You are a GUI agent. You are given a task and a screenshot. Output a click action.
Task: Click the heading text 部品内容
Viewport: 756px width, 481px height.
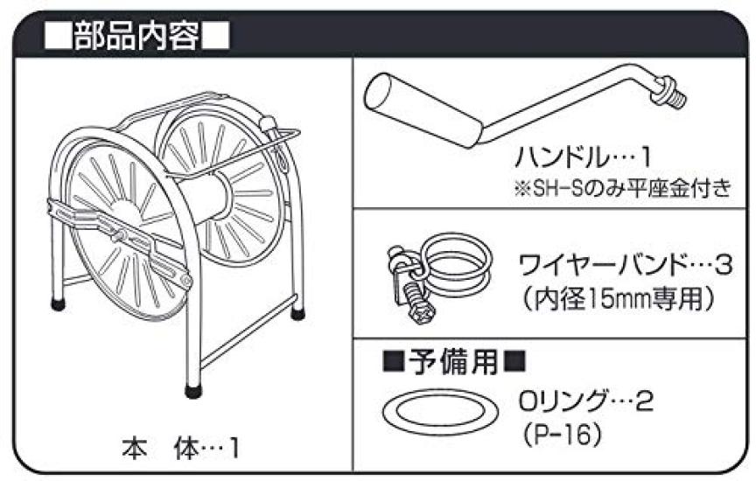[x=136, y=36]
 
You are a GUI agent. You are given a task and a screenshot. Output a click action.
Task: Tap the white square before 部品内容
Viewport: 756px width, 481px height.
[x=58, y=37]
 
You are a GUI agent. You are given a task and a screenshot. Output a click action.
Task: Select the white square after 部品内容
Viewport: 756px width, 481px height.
[x=214, y=37]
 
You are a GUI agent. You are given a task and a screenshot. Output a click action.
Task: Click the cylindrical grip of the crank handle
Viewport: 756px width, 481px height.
[x=423, y=110]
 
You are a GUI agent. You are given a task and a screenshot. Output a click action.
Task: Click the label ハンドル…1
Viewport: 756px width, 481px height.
[x=583, y=157]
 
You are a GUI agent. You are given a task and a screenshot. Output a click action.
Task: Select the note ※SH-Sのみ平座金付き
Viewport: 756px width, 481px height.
[x=623, y=187]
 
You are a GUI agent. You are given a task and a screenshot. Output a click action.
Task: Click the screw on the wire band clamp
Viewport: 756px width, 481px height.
[x=417, y=303]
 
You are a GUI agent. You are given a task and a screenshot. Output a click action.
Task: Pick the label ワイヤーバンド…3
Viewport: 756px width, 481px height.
[x=626, y=266]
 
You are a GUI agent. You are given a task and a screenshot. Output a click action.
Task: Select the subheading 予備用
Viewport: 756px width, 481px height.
[x=453, y=361]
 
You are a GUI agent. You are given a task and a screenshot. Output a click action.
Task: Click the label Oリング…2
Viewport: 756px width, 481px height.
[x=586, y=401]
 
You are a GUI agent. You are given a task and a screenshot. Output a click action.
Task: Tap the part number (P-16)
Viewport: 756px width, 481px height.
[x=562, y=435]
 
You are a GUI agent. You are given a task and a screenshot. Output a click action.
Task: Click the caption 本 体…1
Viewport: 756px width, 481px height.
[x=180, y=450]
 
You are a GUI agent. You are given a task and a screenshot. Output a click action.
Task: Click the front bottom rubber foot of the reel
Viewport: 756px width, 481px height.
[x=194, y=390]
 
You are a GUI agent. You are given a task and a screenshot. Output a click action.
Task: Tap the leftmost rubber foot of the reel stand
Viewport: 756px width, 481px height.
[x=58, y=304]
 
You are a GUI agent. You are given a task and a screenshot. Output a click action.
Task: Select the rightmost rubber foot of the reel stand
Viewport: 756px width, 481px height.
[x=297, y=314]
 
